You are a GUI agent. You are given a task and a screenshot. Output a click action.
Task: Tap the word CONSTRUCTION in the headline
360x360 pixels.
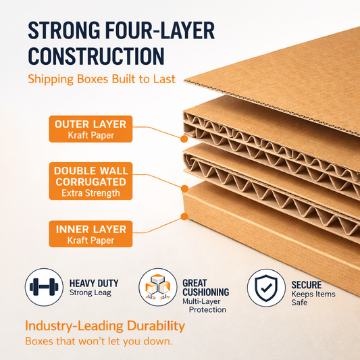point(96,56)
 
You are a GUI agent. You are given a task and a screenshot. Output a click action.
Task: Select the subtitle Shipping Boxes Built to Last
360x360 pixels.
point(101,80)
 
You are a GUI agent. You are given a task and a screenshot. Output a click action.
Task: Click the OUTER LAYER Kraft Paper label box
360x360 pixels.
point(91,129)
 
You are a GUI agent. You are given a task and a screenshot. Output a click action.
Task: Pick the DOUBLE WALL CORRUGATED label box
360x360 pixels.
point(91,181)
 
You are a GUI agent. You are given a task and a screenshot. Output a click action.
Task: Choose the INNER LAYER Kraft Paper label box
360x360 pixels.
point(91,234)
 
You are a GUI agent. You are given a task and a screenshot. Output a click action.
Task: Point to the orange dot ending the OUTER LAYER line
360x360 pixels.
point(184,138)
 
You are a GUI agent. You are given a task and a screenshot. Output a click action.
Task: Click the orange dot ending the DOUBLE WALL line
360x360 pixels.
point(184,188)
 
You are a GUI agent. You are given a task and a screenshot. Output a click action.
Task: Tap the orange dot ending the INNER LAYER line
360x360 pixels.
point(184,216)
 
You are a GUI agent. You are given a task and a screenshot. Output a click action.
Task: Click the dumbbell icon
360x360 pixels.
point(44,287)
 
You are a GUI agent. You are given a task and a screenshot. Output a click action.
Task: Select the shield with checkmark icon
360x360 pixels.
point(266,288)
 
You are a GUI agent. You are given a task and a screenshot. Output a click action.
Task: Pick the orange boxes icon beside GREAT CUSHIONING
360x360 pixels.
point(158,287)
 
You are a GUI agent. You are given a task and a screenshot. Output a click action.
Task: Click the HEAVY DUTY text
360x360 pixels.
point(94,283)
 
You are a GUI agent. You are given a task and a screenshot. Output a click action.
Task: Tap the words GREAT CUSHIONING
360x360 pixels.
point(206,288)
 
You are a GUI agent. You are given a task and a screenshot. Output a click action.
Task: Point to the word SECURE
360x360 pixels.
point(307,285)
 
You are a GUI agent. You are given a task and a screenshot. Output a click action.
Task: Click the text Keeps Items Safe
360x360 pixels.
point(313,299)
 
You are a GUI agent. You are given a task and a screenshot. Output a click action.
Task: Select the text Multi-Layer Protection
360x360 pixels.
point(205,305)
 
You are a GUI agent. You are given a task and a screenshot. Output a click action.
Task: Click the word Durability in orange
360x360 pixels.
point(156,326)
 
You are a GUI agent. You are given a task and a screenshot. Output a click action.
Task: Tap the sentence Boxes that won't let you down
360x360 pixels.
point(99,341)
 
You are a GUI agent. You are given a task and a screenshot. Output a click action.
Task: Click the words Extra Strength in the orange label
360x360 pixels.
point(91,193)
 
